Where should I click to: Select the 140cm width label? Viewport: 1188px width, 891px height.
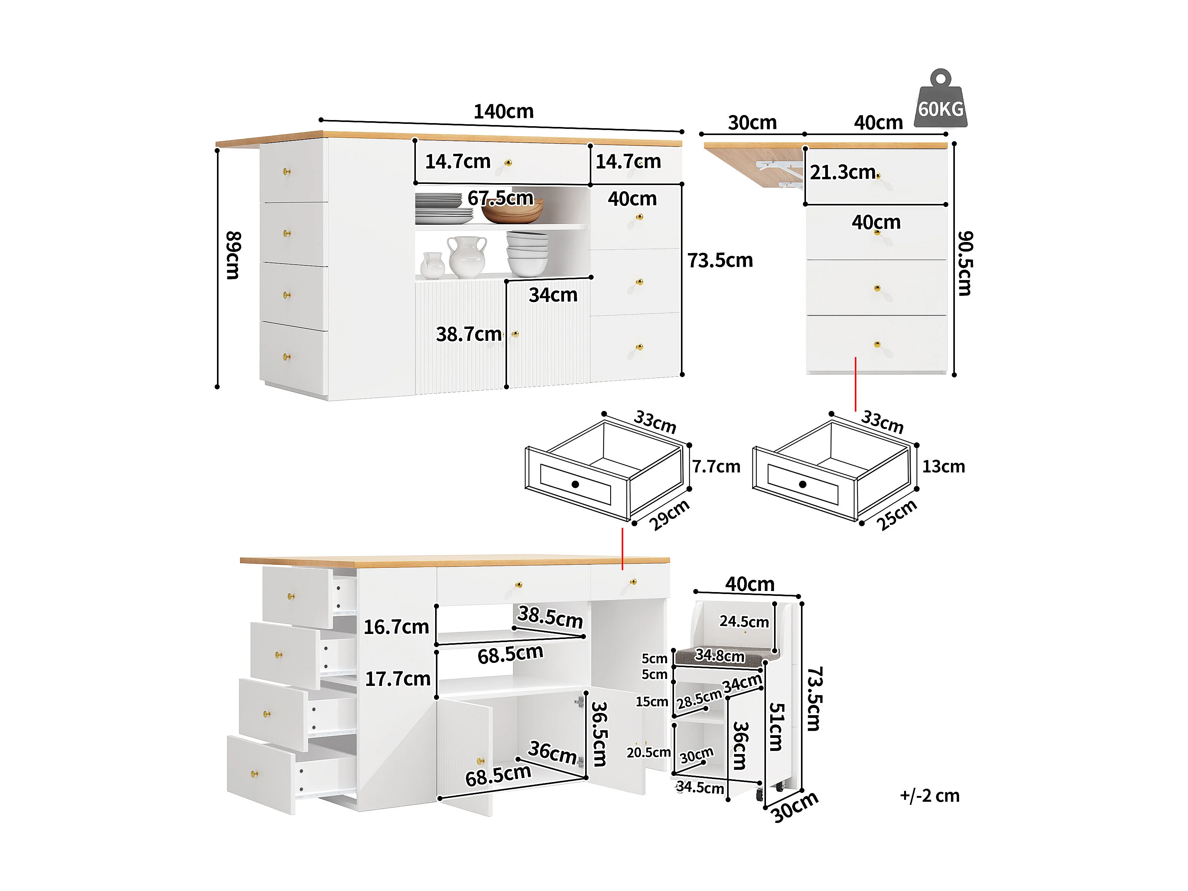503,112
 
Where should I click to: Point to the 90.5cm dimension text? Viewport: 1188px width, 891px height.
965,263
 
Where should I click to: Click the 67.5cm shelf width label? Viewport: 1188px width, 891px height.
500,198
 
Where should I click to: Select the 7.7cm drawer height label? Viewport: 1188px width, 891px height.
716,466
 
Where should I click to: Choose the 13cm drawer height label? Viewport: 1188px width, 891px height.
943,466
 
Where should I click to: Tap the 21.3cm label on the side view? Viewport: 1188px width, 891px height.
843,172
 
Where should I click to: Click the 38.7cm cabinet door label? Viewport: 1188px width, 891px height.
468,334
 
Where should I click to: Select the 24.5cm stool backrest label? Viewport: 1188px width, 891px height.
744,621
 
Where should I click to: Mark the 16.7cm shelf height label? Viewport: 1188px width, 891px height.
396,627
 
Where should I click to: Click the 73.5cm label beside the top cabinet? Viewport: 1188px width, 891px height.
720,260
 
